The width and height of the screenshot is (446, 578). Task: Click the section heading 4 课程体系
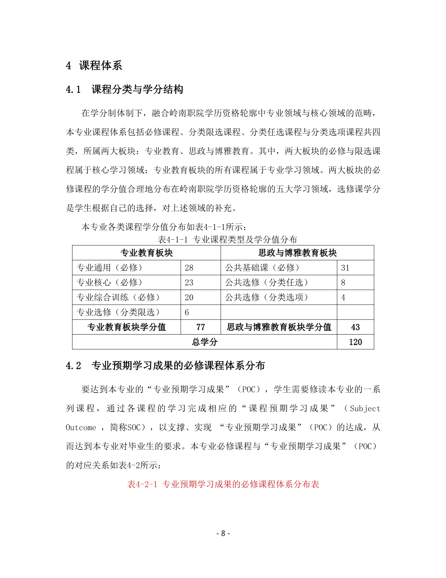(94, 66)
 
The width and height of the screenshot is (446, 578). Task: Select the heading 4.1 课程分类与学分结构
(124, 89)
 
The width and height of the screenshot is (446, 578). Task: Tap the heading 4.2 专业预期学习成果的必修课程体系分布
(165, 366)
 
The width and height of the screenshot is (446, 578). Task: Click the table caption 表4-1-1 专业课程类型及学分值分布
(227, 240)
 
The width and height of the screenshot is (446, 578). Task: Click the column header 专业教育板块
(147, 253)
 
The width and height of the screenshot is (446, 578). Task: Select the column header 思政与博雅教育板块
(297, 253)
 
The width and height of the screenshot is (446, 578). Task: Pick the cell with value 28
(189, 268)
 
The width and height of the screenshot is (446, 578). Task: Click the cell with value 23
(189, 283)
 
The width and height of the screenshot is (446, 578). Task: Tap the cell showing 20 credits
(189, 297)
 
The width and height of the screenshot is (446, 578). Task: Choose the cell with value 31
(345, 268)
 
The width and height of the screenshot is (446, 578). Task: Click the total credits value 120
(355, 342)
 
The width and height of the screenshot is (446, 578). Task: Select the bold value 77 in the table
(200, 327)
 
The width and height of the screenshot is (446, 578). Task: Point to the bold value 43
(355, 327)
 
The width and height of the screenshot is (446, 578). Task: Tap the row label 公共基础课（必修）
(262, 268)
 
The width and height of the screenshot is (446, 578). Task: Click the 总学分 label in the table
(205, 342)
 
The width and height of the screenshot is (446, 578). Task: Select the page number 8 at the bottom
(223, 534)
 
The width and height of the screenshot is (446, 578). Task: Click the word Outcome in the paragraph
(81, 428)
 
